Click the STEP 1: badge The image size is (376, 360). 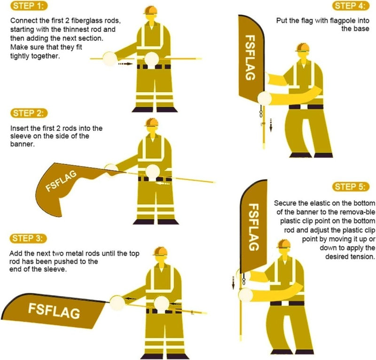(x=29, y=6)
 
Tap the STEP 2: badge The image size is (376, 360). (x=29, y=113)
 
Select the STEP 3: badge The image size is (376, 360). (x=28, y=239)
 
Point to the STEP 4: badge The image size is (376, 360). (x=351, y=6)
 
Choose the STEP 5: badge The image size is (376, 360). (x=351, y=187)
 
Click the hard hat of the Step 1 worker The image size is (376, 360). (x=150, y=10)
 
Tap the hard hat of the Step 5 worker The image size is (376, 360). (x=284, y=244)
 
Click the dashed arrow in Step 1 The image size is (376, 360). (x=125, y=64)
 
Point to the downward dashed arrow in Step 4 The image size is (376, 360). (x=271, y=125)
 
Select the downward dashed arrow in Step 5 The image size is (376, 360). (x=233, y=283)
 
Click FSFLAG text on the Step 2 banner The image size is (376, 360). (x=61, y=181)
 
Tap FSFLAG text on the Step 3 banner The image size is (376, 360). (x=54, y=311)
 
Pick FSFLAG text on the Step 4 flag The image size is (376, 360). (x=250, y=57)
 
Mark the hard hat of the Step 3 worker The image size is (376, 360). (x=160, y=251)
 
